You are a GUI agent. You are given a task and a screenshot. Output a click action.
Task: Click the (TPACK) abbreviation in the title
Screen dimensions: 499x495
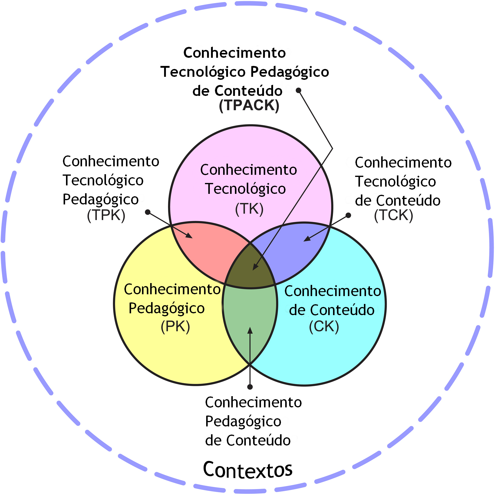tap(249, 105)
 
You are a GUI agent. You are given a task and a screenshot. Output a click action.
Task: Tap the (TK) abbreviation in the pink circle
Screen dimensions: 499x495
tap(249, 209)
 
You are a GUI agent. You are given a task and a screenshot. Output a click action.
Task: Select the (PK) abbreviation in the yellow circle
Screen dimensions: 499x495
tap(175, 327)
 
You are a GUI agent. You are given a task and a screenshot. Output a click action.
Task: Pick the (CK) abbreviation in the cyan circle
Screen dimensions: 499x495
tap(324, 327)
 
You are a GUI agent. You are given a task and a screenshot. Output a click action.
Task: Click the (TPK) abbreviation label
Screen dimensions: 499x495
tap(106, 215)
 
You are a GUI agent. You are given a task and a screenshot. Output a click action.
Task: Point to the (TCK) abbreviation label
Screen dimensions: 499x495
tap(393, 215)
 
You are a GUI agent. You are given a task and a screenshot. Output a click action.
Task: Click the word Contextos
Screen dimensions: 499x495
tap(248, 470)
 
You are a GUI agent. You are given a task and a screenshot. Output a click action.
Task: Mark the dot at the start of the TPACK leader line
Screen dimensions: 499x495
tap(299, 90)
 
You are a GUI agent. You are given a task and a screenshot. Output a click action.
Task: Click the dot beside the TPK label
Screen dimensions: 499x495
tap(148, 212)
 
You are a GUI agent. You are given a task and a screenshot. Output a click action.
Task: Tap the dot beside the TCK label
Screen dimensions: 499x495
tap(348, 215)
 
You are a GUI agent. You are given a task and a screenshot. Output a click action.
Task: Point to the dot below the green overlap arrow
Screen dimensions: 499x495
tap(250, 387)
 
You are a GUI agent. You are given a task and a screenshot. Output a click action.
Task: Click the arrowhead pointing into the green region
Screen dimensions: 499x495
tap(250, 330)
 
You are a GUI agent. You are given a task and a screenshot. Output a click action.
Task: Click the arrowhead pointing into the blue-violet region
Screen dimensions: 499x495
tap(307, 239)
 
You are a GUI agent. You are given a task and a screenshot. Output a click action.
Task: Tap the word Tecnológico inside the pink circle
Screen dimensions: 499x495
tap(245, 189)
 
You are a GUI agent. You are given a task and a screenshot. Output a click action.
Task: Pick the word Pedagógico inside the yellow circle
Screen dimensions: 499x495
tap(167, 308)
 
